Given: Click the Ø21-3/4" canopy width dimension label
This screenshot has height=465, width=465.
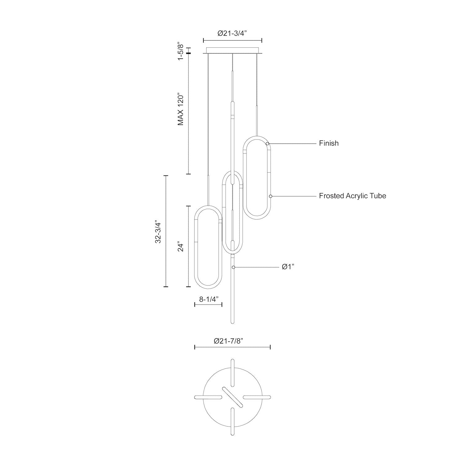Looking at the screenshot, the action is click(x=232, y=33).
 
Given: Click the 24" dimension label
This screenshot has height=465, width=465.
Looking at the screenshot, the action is click(x=181, y=246).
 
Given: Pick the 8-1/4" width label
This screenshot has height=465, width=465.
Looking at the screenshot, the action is click(x=209, y=299).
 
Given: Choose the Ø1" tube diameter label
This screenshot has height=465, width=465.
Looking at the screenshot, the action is click(x=288, y=267).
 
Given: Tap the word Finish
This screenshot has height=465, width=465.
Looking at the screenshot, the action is click(x=329, y=143).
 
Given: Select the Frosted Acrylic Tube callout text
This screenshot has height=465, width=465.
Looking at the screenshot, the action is click(x=353, y=196).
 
